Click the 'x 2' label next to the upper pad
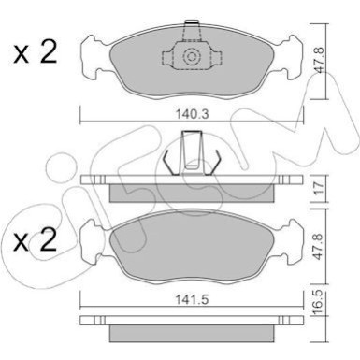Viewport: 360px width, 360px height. [35, 52]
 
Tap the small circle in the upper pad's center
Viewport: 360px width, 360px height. [192, 58]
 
